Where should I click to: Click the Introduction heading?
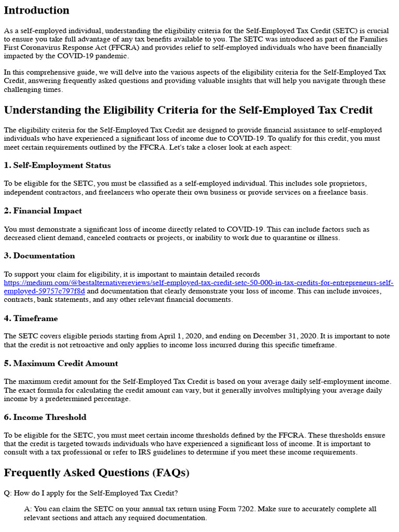(x=36, y=10)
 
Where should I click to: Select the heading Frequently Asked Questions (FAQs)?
(x=97, y=473)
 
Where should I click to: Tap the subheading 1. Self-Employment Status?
(x=57, y=165)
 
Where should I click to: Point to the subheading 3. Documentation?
(x=39, y=256)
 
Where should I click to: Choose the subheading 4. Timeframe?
(x=31, y=318)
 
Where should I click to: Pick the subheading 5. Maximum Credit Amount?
(x=61, y=363)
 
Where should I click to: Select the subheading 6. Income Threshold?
(x=45, y=417)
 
